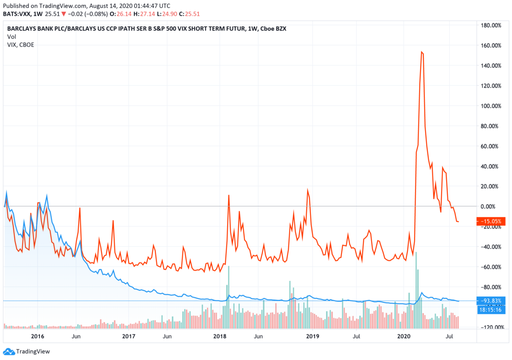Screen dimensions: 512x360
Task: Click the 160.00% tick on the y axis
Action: [491, 45]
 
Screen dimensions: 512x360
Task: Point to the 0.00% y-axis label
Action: [492, 206]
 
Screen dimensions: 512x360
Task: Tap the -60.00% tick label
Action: [491, 267]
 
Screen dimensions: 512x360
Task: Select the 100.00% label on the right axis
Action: [491, 106]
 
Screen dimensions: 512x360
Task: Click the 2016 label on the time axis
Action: [37, 337]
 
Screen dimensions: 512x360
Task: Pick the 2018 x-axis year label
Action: [220, 337]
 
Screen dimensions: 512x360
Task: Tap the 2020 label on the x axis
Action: [404, 337]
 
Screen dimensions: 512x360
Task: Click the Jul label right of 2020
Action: [450, 337]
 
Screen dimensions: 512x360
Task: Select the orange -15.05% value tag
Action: [491, 221]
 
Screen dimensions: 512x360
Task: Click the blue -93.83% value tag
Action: [491, 301]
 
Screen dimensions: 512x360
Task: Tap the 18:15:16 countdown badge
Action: [491, 309]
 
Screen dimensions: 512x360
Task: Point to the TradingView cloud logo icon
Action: [9, 351]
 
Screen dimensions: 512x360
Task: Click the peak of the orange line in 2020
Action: [422, 52]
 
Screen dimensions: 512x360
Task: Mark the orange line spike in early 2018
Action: [229, 195]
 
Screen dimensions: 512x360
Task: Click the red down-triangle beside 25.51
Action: [64, 14]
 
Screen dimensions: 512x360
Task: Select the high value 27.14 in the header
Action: [147, 14]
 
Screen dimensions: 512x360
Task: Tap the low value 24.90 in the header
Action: [170, 14]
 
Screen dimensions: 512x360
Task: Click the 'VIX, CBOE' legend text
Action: [21, 45]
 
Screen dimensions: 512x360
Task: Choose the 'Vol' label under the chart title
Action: [11, 37]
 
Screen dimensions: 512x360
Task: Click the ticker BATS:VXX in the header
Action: [17, 14]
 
